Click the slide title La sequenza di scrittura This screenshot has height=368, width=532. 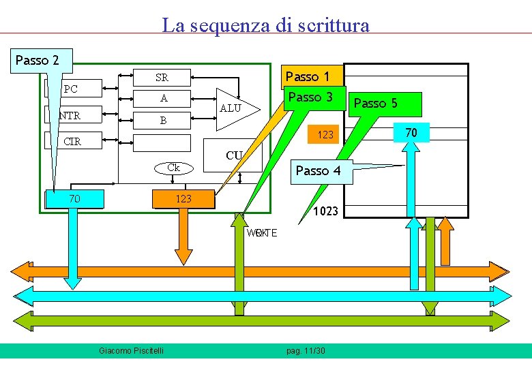tap(265, 25)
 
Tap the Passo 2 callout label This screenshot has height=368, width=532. tap(38, 60)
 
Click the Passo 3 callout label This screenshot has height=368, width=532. tap(310, 97)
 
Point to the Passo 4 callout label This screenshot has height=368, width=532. tap(318, 170)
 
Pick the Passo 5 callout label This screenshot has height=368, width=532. tap(375, 103)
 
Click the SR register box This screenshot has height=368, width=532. tap(162, 77)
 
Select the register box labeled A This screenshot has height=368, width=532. tap(164, 98)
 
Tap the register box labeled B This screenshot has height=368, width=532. tap(163, 121)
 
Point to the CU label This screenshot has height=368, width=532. tap(233, 155)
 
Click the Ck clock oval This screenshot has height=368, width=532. tap(173, 168)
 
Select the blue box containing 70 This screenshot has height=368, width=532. tap(74, 199)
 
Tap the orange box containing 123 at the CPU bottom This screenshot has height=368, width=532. tap(183, 199)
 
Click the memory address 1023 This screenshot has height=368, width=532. tap(325, 211)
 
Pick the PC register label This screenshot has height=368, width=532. tap(70, 89)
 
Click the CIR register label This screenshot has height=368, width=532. tap(71, 142)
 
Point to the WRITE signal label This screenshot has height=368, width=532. tap(262, 233)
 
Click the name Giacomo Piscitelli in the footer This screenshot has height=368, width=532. tap(136, 350)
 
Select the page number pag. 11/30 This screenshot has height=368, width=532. tap(306, 350)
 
